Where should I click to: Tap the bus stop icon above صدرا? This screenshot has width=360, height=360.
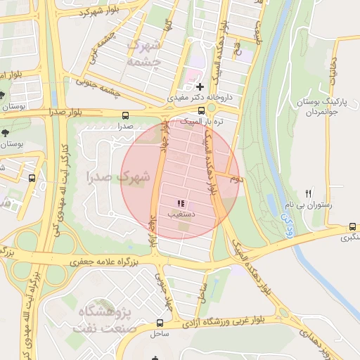point(125,115)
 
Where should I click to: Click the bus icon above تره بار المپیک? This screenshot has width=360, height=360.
point(201,110)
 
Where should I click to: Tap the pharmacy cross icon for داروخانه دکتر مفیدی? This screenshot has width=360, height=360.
point(200,86)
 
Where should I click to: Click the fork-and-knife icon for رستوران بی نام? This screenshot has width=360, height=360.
point(308,193)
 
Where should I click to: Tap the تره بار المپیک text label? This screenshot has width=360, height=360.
point(202,122)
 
